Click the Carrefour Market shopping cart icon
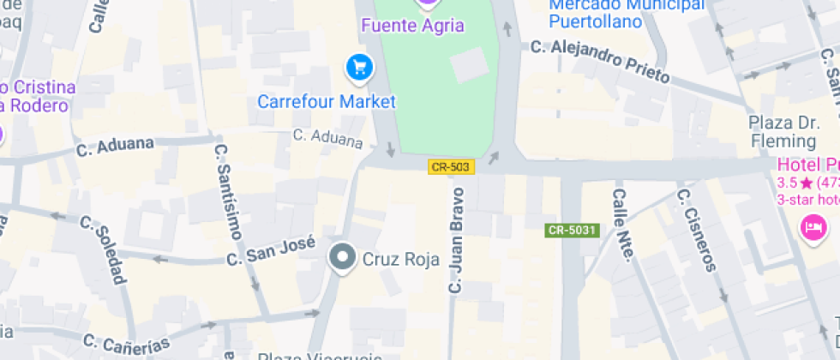pyautogui.click(x=358, y=68)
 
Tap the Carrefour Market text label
pyautogui.click(x=327, y=102)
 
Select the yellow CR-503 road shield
pyautogui.click(x=451, y=167)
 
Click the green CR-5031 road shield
pyautogui.click(x=571, y=230)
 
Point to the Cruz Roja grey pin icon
pyautogui.click(x=343, y=257)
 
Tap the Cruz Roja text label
pyautogui.click(x=401, y=258)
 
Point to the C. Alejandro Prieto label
pyautogui.click(x=599, y=60)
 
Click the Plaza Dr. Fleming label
pyautogui.click(x=784, y=131)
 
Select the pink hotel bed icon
pyautogui.click(x=812, y=227)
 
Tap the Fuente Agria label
pyautogui.click(x=412, y=26)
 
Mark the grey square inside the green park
pyautogui.click(x=470, y=65)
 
